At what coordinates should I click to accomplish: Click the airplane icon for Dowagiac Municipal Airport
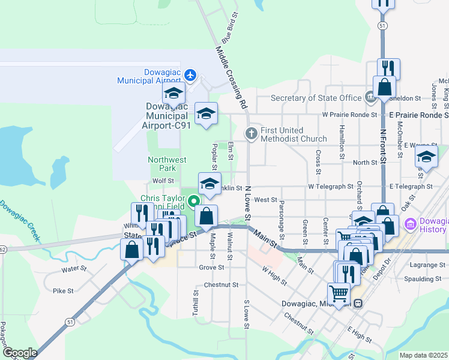click(191, 75)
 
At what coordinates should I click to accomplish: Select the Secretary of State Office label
click(316, 98)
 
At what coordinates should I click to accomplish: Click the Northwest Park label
click(167, 164)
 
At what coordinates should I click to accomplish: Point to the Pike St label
click(62, 291)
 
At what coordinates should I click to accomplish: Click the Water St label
click(74, 270)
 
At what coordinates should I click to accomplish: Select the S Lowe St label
click(246, 314)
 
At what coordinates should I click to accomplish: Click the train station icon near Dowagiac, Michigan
click(358, 304)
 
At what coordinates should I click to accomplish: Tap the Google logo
click(19, 353)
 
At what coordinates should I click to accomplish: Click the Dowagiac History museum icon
click(411, 225)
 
